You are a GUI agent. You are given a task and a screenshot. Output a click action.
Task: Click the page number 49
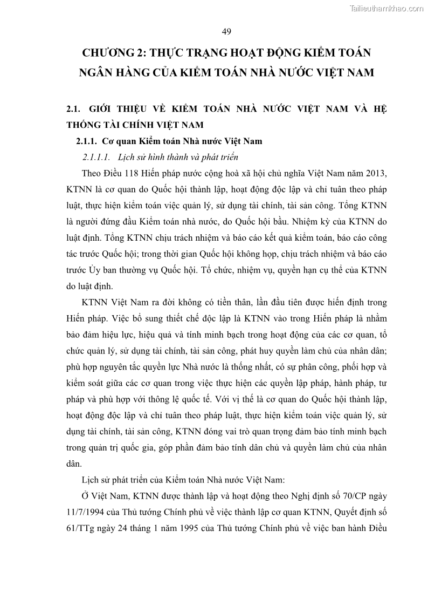click(226, 31)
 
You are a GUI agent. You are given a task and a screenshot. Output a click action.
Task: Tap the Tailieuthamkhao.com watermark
click(386, 8)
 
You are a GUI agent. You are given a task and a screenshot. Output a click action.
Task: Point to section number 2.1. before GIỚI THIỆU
click(73, 108)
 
